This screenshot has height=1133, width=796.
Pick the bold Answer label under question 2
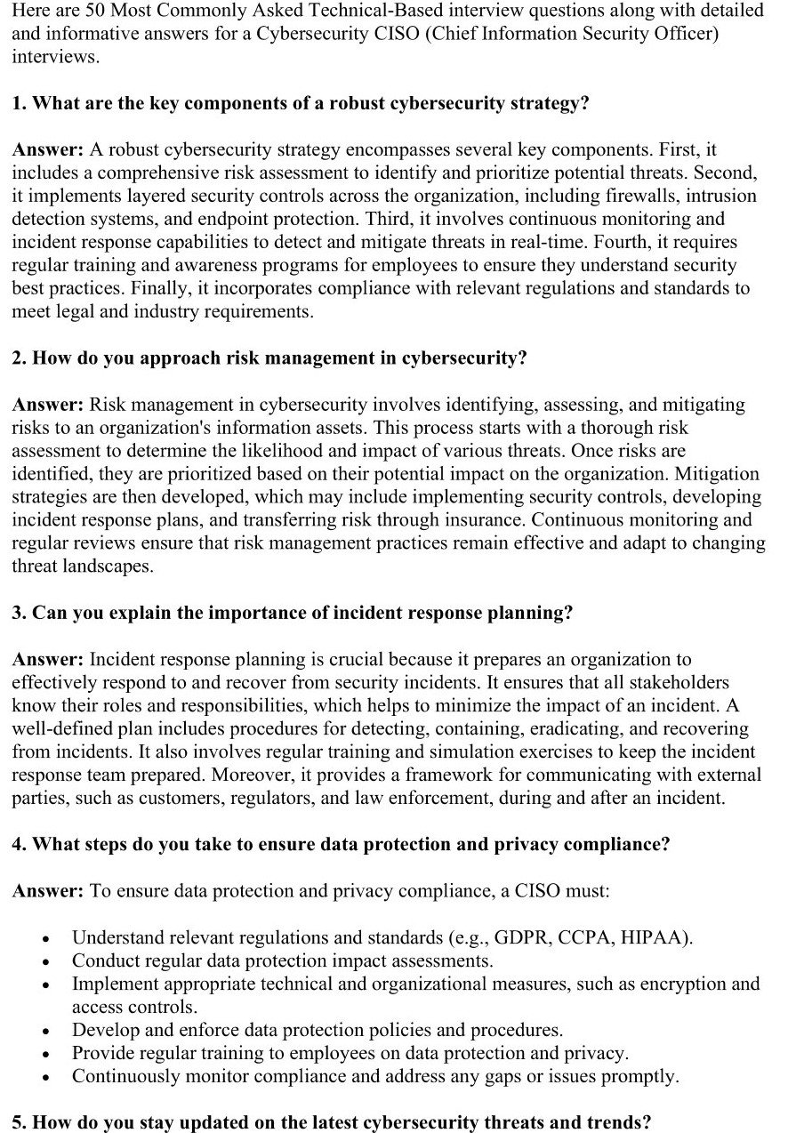[48, 405]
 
